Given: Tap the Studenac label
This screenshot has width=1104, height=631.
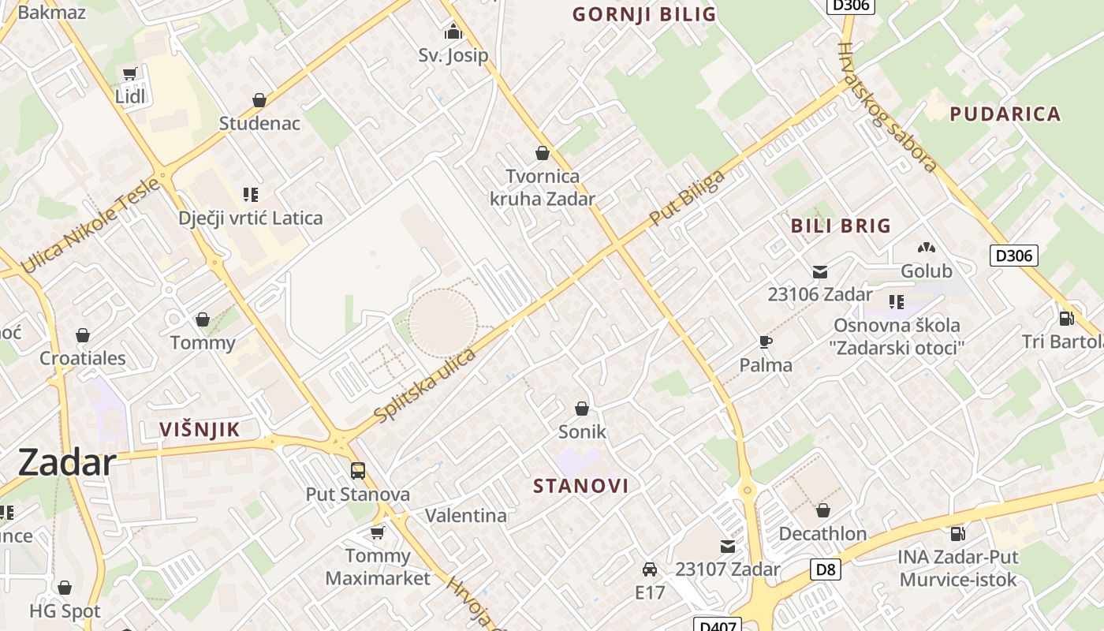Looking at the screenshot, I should click(x=259, y=123).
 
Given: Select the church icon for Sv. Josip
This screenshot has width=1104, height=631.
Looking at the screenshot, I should click(x=453, y=32).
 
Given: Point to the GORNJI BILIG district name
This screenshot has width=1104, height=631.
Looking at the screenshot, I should click(x=644, y=14).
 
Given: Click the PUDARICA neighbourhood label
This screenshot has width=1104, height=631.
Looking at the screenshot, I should click(x=1005, y=114).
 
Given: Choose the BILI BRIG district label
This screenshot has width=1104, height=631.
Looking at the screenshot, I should click(x=841, y=226).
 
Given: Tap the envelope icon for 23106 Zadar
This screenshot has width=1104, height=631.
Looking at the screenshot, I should click(x=820, y=272).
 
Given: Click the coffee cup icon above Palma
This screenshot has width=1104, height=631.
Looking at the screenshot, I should click(x=766, y=342).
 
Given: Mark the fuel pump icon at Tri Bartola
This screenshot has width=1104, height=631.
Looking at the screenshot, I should click(x=1066, y=318).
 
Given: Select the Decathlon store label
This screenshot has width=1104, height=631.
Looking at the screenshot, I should click(x=822, y=534).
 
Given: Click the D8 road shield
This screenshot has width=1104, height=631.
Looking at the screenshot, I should click(x=826, y=569).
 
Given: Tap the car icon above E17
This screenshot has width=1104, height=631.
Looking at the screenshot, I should click(x=650, y=569).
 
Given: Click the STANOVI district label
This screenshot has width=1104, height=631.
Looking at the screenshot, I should click(x=581, y=486).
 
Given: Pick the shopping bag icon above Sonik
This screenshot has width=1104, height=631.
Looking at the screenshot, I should click(x=582, y=409).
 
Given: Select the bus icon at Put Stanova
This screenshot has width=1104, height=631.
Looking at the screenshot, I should click(x=358, y=471).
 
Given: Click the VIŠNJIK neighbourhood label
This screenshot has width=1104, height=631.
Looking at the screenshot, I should click(x=200, y=430).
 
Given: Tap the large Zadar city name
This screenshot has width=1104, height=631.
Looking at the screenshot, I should click(x=67, y=462).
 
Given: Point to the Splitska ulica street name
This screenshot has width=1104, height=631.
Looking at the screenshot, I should click(x=425, y=385).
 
